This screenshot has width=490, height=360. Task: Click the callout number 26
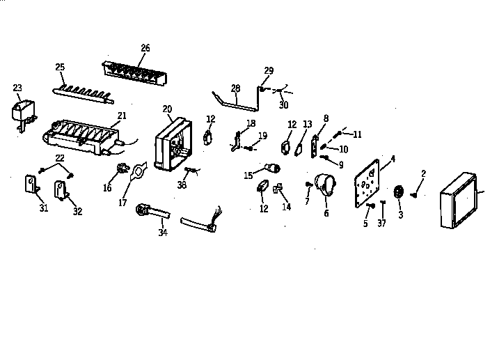tap(145, 48)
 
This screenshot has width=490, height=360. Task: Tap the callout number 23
tap(17, 88)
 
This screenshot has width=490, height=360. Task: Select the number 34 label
tap(163, 233)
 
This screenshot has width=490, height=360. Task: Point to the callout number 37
tap(381, 223)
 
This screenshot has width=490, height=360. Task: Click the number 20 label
tap(167, 109)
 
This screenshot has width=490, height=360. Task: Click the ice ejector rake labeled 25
tap(83, 95)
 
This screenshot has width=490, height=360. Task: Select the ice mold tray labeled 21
tap(82, 137)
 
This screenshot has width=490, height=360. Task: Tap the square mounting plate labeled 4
tap(367, 183)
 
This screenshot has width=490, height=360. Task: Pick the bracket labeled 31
tap(32, 185)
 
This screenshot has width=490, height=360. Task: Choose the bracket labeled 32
tap(61, 190)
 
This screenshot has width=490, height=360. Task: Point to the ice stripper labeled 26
tap(134, 73)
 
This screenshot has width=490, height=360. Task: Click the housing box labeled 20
tap(173, 144)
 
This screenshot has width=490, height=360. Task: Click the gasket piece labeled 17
tap(138, 171)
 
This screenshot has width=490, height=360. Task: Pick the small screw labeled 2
tap(413, 195)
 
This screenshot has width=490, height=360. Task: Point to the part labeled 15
tap(273, 169)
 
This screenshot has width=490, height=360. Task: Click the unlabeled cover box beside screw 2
tap(459, 200)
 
